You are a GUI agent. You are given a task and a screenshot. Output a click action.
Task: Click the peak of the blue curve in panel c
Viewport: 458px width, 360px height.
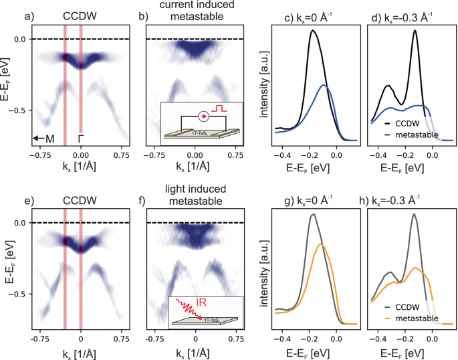324,85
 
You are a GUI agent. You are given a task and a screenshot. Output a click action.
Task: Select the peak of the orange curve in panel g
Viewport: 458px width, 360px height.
323,244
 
